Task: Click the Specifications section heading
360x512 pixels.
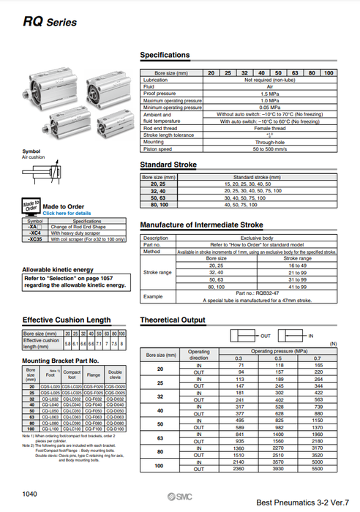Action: (165, 55)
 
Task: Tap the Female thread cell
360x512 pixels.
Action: (269, 128)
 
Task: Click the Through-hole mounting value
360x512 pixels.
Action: (269, 142)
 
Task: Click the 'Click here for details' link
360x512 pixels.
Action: (67, 213)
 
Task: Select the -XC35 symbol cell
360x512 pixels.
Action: (34, 239)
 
